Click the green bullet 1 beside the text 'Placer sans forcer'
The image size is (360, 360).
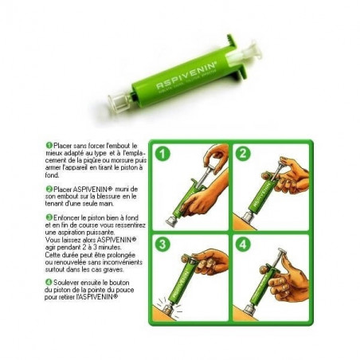click(x=49, y=146)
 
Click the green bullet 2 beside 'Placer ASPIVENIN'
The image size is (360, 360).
click(x=49, y=189)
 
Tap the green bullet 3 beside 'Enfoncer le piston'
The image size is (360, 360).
click(x=49, y=217)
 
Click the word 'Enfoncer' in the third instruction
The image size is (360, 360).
click(x=67, y=217)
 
